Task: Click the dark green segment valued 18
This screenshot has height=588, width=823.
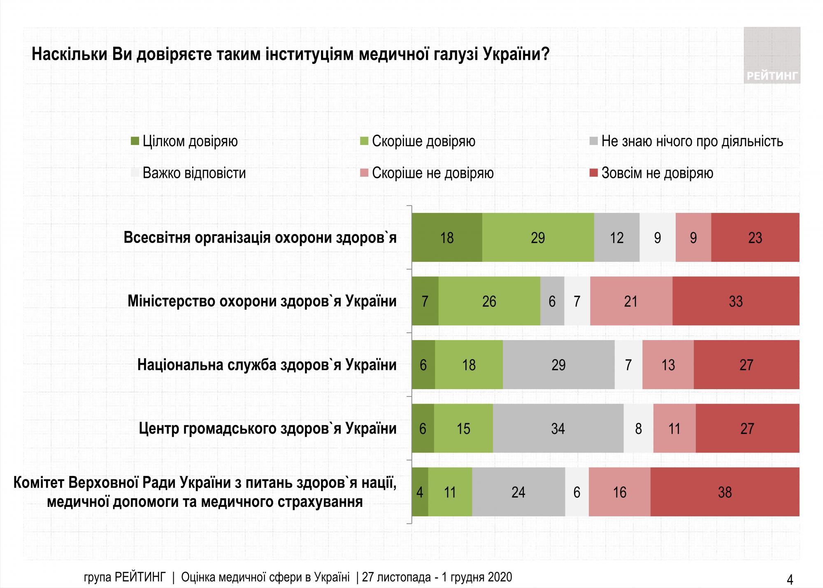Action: pyautogui.click(x=447, y=238)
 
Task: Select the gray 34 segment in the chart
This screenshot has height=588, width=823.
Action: pyautogui.click(x=558, y=429)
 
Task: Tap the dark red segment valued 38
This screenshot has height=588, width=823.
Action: pyautogui.click(x=725, y=492)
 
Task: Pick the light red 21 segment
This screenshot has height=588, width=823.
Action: pyautogui.click(x=631, y=301)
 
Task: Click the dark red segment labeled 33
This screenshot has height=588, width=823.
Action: pyautogui.click(x=736, y=301)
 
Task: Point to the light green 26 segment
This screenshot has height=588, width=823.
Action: pyautogui.click(x=489, y=301)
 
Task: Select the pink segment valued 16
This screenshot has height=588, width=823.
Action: pyautogui.click(x=619, y=492)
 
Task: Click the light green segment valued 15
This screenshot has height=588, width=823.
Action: pyautogui.click(x=463, y=429)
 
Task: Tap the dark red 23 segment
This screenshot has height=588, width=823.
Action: pyautogui.click(x=755, y=238)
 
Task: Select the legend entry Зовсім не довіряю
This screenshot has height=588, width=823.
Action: pyautogui.click(x=657, y=173)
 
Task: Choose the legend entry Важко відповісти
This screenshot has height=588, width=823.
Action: pyautogui.click(x=194, y=173)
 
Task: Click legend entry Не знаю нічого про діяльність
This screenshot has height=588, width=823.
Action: pyautogui.click(x=692, y=141)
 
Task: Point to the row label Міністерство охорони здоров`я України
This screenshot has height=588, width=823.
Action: pyautogui.click(x=262, y=301)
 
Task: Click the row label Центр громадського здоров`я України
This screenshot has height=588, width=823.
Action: pyautogui.click(x=267, y=429)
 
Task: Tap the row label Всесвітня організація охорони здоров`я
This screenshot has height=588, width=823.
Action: pyautogui.click(x=260, y=238)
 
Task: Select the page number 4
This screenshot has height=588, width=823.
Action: pyautogui.click(x=790, y=580)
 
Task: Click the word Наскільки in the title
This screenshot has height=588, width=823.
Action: pyautogui.click(x=69, y=55)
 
